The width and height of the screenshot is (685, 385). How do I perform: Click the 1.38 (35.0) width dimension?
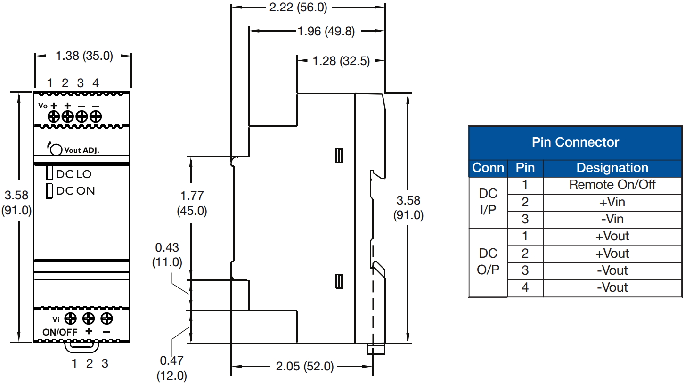tap(84, 56)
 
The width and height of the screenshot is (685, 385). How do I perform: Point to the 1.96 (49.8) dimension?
tap(326, 32)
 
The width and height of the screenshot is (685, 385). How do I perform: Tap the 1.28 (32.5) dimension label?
tap(341, 61)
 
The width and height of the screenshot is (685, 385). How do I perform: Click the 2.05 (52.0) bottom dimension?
tap(304, 366)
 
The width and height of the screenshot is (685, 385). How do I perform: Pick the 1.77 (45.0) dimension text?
tap(192, 203)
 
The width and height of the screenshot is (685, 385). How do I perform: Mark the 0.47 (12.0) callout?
tap(171, 369)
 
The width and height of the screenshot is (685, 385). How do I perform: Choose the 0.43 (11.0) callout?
tap(167, 255)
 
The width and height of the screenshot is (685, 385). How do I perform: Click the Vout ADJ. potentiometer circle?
tap(56, 149)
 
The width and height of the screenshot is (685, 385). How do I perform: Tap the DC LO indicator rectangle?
tap(49, 173)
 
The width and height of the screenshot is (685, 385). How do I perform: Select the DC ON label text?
tap(75, 191)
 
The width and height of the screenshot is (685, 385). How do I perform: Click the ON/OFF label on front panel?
tap(60, 332)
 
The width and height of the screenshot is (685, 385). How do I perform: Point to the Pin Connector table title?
tap(575, 142)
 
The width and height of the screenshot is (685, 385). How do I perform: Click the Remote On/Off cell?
tap(612, 185)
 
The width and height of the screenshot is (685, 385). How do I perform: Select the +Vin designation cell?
tap(612, 202)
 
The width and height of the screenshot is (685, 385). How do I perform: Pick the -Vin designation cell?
tap(612, 219)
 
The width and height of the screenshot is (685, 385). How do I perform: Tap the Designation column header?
tap(612, 168)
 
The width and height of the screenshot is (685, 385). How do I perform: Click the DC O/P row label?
tap(488, 262)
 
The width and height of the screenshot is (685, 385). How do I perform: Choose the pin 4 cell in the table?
tap(525, 287)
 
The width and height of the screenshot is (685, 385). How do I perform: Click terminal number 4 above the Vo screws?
tap(96, 83)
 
